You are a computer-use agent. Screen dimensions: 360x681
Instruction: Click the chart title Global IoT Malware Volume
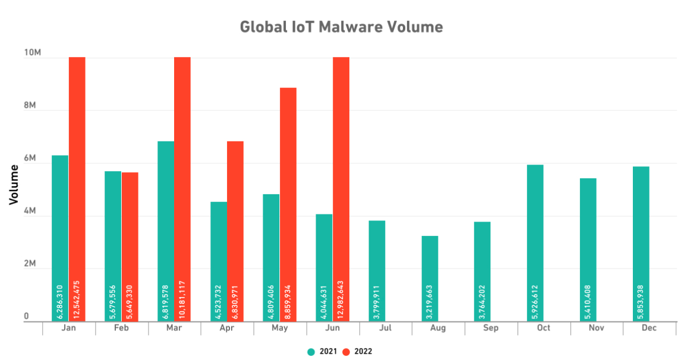pyautogui.click(x=341, y=27)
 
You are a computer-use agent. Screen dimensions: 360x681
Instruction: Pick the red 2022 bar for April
pyautogui.click(x=235, y=231)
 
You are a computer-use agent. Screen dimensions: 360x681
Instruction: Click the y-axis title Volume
pyautogui.click(x=14, y=185)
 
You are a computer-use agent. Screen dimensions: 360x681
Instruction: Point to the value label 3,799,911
pyautogui.click(x=377, y=302)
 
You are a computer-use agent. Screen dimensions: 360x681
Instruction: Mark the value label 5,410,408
pyautogui.click(x=588, y=302)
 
